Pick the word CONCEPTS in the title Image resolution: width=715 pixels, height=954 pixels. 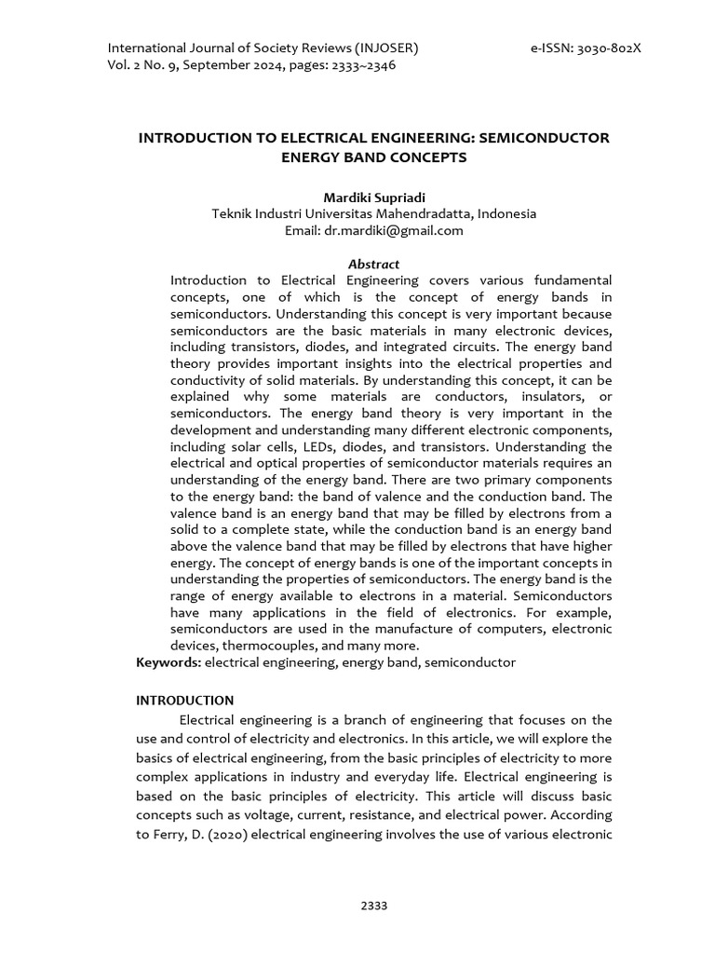tap(420, 157)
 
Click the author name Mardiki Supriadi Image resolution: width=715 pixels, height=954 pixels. tap(373, 198)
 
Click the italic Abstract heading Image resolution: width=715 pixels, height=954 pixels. tap(373, 264)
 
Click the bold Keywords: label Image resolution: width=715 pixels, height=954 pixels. tap(169, 662)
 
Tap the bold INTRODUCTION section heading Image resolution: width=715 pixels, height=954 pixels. tap(185, 700)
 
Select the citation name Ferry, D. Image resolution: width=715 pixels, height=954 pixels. tap(184, 834)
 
